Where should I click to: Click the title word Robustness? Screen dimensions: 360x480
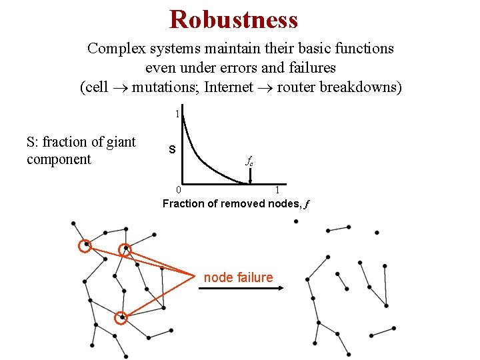[233, 19]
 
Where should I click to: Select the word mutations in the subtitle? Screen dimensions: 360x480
[165, 87]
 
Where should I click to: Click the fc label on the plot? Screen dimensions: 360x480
[249, 161]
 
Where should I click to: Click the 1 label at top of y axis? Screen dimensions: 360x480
[177, 114]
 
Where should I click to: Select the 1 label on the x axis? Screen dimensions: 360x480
[277, 191]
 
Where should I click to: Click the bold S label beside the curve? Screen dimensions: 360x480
[172, 149]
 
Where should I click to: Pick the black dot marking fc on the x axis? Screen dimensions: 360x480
[250, 182]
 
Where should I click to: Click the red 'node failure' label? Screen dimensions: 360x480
[238, 277]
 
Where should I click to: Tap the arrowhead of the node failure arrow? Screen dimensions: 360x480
[281, 288]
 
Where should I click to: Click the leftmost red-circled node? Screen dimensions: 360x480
[84, 246]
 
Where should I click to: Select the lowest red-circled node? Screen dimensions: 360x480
[121, 319]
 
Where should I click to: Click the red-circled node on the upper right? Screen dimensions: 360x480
[125, 251]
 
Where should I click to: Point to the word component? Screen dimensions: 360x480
[59, 159]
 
